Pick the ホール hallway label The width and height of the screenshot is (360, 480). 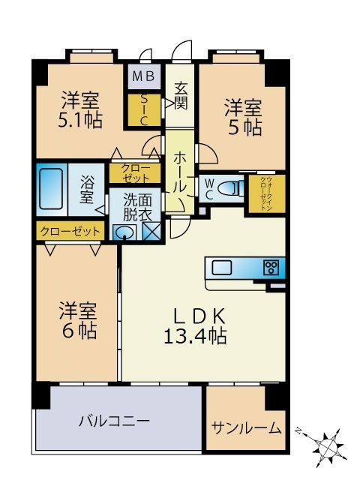tap(181, 171)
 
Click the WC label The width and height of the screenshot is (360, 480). tap(210, 188)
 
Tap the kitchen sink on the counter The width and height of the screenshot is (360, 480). tap(224, 268)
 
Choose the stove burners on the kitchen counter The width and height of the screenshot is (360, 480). tap(271, 268)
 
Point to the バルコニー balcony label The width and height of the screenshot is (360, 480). tap(114, 421)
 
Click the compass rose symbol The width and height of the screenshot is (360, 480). tap(328, 448)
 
